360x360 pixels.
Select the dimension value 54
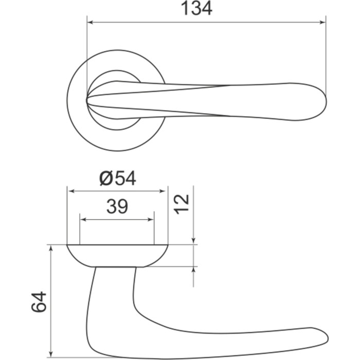click(x=124, y=178)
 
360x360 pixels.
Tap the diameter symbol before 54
click(x=106, y=178)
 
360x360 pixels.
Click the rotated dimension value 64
click(x=39, y=302)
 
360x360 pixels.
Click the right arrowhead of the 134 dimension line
click(x=322, y=22)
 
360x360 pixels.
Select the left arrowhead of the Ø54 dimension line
click(x=71, y=191)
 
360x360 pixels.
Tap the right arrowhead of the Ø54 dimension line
click(x=164, y=191)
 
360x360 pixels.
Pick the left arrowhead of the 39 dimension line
click(x=83, y=220)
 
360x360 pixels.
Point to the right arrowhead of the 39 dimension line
click(x=150, y=220)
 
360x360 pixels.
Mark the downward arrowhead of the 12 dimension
click(x=193, y=240)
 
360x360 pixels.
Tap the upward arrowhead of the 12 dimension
click(x=193, y=271)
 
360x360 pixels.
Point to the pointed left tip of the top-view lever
click(x=87, y=99)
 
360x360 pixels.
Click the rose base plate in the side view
click(x=117, y=256)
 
